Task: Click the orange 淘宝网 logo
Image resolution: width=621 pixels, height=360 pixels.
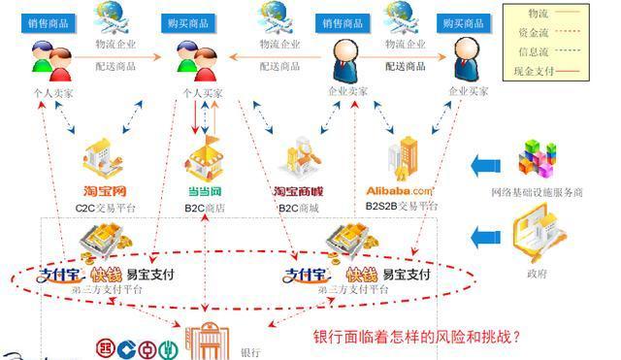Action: coord(104,191)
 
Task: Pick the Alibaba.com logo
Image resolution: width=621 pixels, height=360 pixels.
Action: coord(399,191)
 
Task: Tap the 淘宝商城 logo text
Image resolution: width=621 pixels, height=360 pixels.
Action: coord(297,191)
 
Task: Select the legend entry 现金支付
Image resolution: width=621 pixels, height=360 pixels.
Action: coord(537,72)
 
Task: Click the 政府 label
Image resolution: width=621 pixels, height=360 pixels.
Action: coord(537,275)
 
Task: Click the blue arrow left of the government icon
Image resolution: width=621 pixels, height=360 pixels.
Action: coord(484,235)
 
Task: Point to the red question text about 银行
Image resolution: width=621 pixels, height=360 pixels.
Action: coord(417,338)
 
